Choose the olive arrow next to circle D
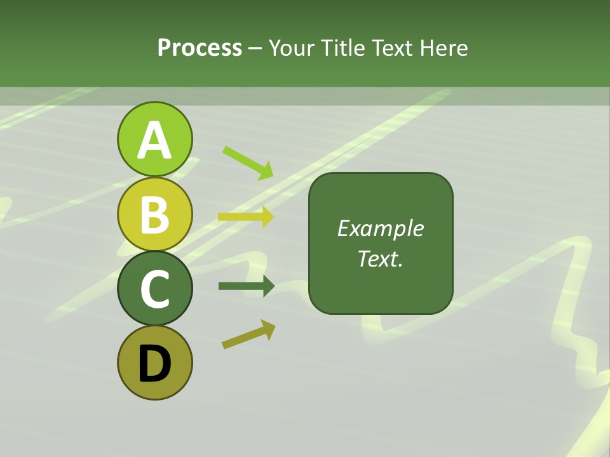pos(248,334)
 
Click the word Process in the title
pos(200,48)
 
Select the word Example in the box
pos(380,228)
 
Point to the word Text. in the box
pos(380,258)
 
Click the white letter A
pos(154,140)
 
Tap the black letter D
pos(154,365)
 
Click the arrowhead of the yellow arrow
pos(268,217)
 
